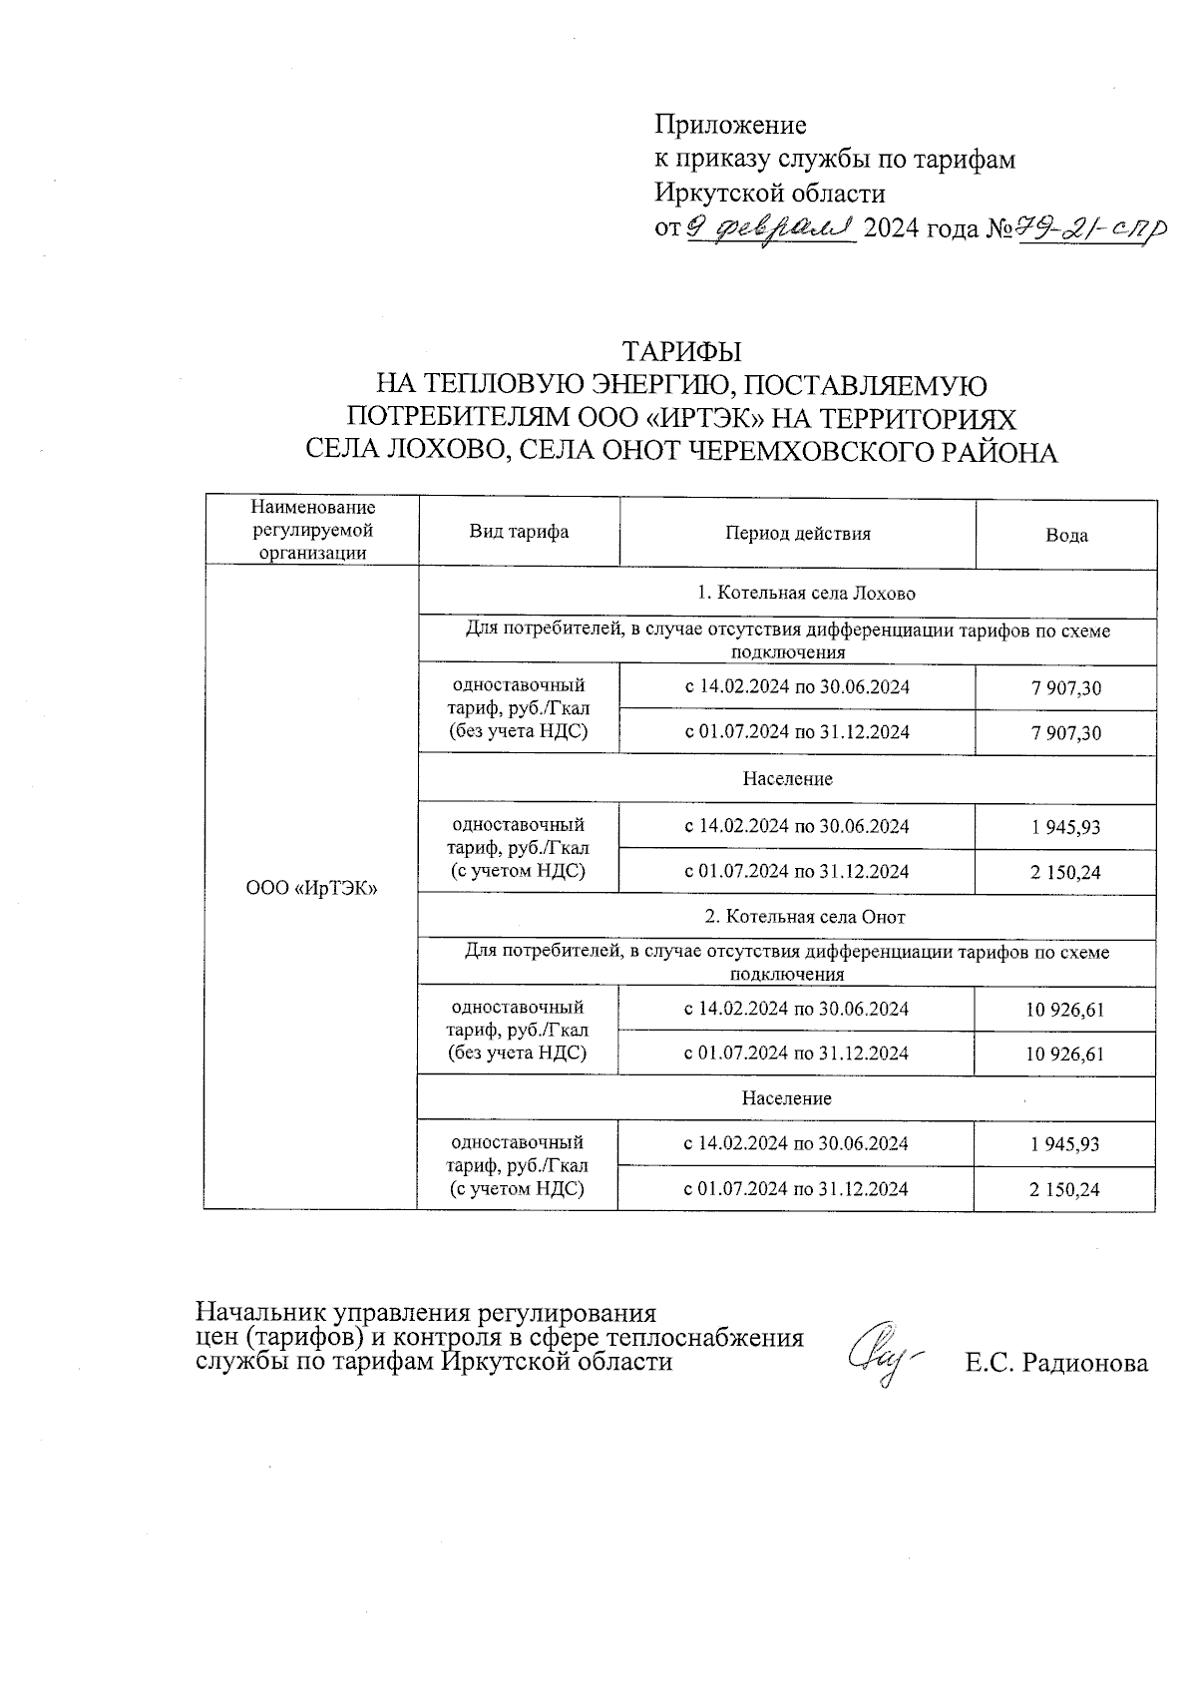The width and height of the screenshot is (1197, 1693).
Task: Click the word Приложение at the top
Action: tap(730, 126)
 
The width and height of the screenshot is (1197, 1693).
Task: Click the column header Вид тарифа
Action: tap(519, 532)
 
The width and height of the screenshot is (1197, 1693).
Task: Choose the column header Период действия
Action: tap(797, 534)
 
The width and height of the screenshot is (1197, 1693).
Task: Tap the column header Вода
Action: tap(1066, 535)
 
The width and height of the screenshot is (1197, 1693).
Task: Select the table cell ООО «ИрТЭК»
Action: tap(311, 888)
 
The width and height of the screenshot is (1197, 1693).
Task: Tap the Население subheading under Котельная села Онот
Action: tap(786, 1098)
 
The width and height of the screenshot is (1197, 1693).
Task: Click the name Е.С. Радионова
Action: tap(1055, 1363)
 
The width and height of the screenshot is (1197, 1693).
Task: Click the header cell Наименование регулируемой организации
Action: tap(313, 531)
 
